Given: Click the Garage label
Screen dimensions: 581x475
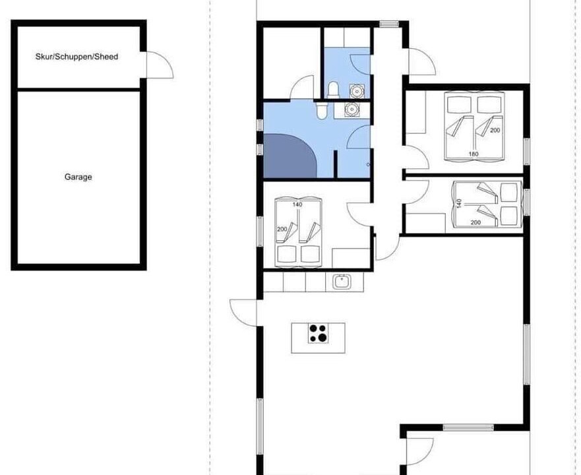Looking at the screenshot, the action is tap(78, 177).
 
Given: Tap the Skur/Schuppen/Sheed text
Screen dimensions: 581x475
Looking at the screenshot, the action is tap(76, 57).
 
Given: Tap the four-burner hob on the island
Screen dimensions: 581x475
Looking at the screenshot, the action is tap(319, 333).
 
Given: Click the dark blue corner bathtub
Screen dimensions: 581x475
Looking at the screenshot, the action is tap(290, 156).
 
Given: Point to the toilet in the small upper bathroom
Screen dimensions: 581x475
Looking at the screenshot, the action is tap(333, 90).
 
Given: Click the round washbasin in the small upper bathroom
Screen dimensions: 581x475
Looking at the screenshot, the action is tap(357, 91).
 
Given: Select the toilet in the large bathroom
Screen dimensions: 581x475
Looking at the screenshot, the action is tap(321, 110).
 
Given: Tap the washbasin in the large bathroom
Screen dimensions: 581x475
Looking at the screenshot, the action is tap(351, 110).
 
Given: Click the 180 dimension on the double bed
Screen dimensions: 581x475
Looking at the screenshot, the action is tap(474, 154).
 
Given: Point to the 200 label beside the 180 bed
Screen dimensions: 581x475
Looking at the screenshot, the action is tap(495, 130).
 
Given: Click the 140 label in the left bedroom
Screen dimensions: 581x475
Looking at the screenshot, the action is tap(297, 205).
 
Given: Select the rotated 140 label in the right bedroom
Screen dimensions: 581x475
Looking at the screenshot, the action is tap(459, 203).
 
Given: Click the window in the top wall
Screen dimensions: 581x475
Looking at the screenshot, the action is tap(389, 24).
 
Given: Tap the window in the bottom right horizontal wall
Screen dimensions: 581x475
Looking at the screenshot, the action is tap(468, 427).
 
